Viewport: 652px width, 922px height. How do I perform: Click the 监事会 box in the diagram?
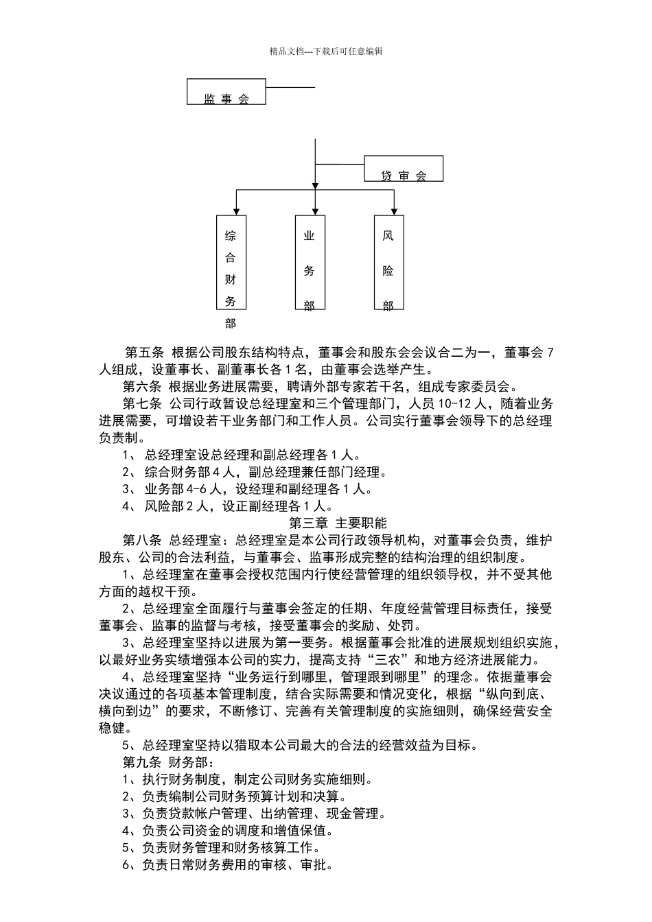226,92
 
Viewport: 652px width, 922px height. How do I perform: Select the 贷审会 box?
403,168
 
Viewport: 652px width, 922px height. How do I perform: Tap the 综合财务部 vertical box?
231,262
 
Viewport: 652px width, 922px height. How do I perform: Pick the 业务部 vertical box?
310,262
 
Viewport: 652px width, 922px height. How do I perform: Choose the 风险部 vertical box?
388,262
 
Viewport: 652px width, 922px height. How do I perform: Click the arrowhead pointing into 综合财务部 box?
236,211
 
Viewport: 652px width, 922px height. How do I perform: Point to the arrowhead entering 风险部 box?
394,211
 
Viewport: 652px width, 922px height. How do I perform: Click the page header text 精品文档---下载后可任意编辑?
326,51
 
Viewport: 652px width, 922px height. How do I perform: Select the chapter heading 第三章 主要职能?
326,523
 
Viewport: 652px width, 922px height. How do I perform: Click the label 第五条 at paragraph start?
144,353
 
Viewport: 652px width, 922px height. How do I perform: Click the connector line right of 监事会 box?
290,87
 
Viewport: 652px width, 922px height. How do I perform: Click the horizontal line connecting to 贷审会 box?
339,165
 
